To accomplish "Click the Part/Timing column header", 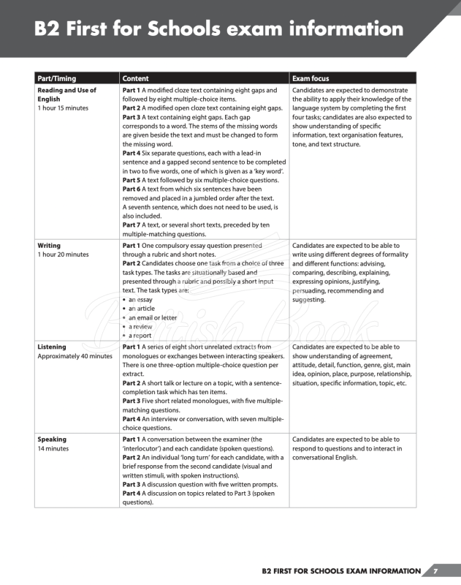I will pyautogui.click(x=57, y=78).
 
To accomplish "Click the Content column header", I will pyautogui.click(x=136, y=78).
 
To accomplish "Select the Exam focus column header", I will pyautogui.click(x=310, y=78).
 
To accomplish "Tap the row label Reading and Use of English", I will pyautogui.click(x=66, y=94).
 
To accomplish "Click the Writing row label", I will pyautogui.click(x=49, y=246).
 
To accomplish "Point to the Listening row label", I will pyautogui.click(x=52, y=347).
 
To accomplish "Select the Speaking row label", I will pyautogui.click(x=52, y=439).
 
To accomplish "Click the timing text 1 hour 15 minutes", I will pyautogui.click(x=63, y=108).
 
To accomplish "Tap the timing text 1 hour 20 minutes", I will pyautogui.click(x=63, y=254).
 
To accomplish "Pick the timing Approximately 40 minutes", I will pyautogui.click(x=75, y=356).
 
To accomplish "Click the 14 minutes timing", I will pyautogui.click(x=53, y=448).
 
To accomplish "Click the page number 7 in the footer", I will pyautogui.click(x=435, y=571).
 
